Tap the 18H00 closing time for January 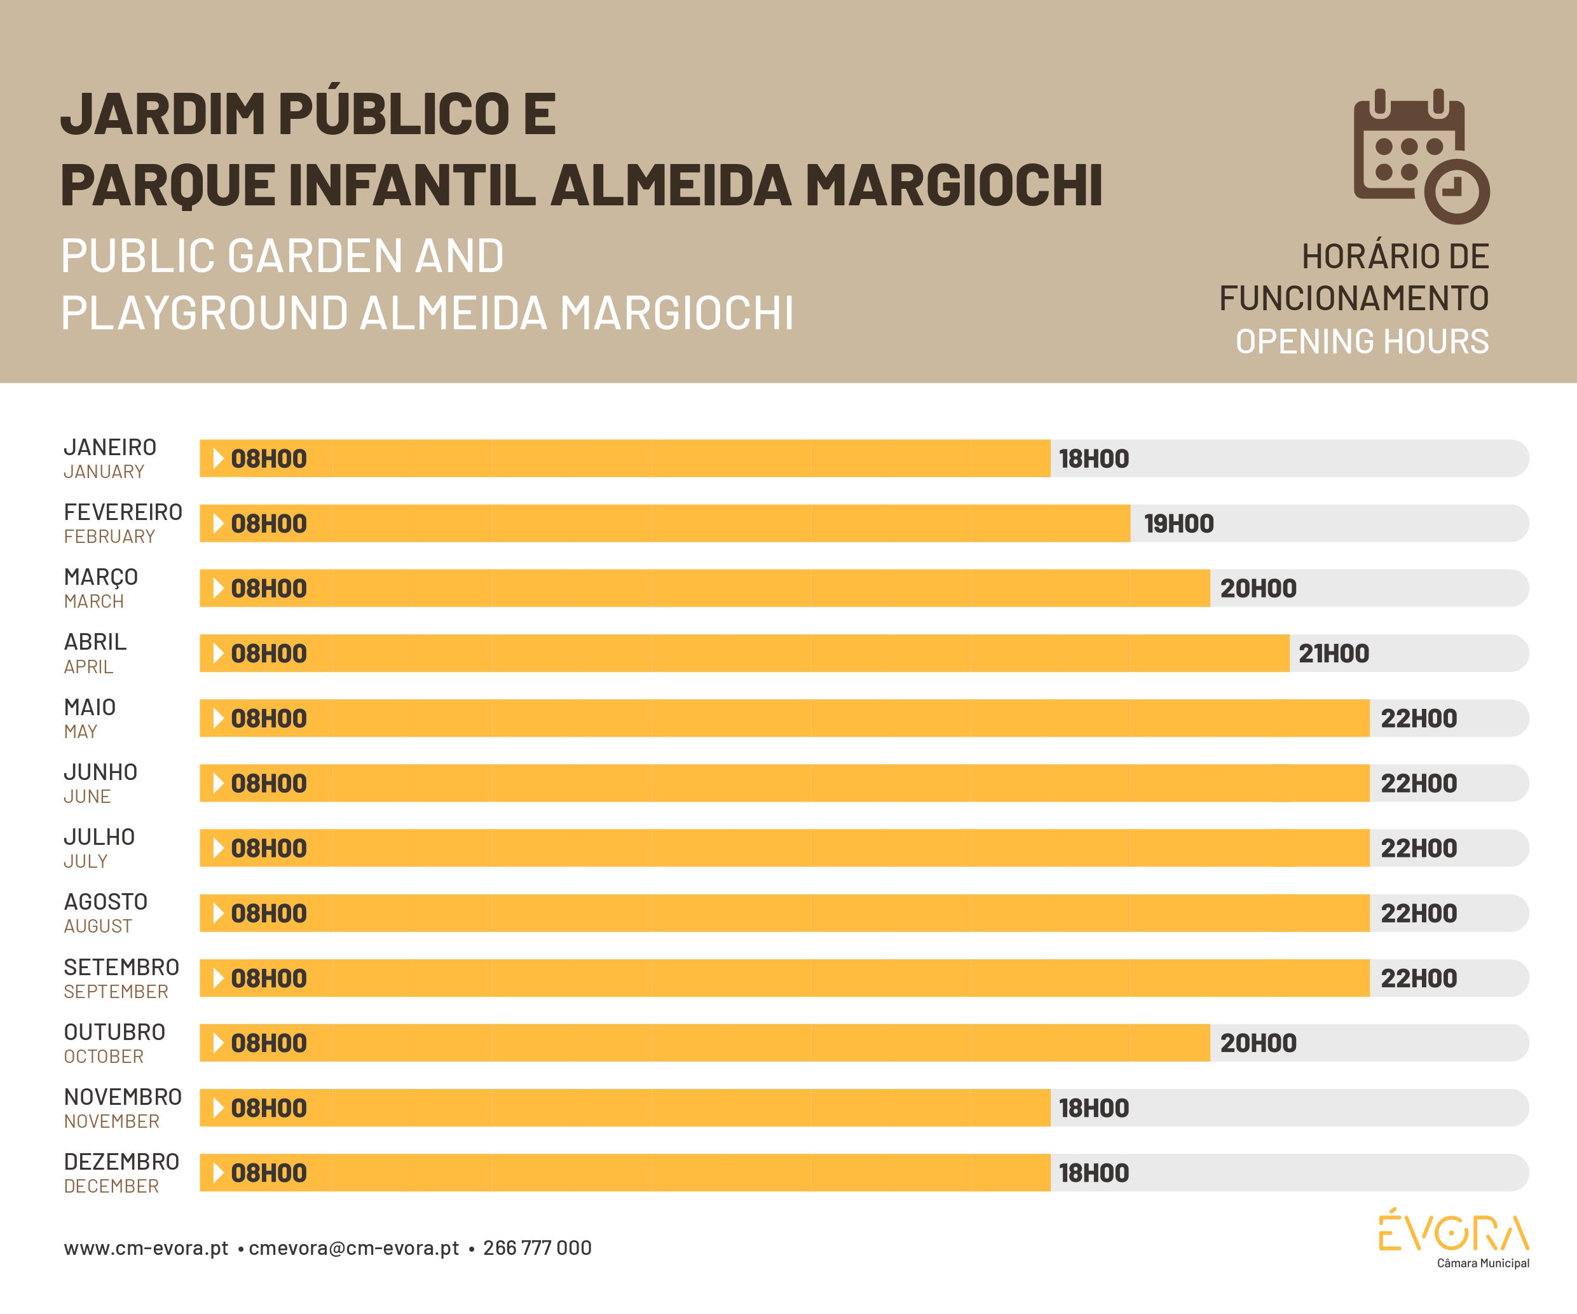click(x=1093, y=459)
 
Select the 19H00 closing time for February click(x=1178, y=524)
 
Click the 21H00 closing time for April click(x=1334, y=654)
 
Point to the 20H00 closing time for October click(x=1258, y=1044)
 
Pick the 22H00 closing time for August click(x=1419, y=914)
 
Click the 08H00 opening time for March click(x=269, y=589)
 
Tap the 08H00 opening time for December click(x=269, y=1174)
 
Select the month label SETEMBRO click(x=121, y=967)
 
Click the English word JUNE click(x=87, y=797)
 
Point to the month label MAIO click(x=90, y=708)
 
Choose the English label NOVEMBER click(x=112, y=1122)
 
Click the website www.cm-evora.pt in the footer click(x=146, y=1248)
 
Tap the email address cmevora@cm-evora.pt click(x=353, y=1248)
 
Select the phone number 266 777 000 click(x=537, y=1248)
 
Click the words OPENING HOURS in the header click(x=1362, y=341)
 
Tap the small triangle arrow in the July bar click(x=219, y=849)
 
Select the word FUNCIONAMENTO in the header click(x=1354, y=299)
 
